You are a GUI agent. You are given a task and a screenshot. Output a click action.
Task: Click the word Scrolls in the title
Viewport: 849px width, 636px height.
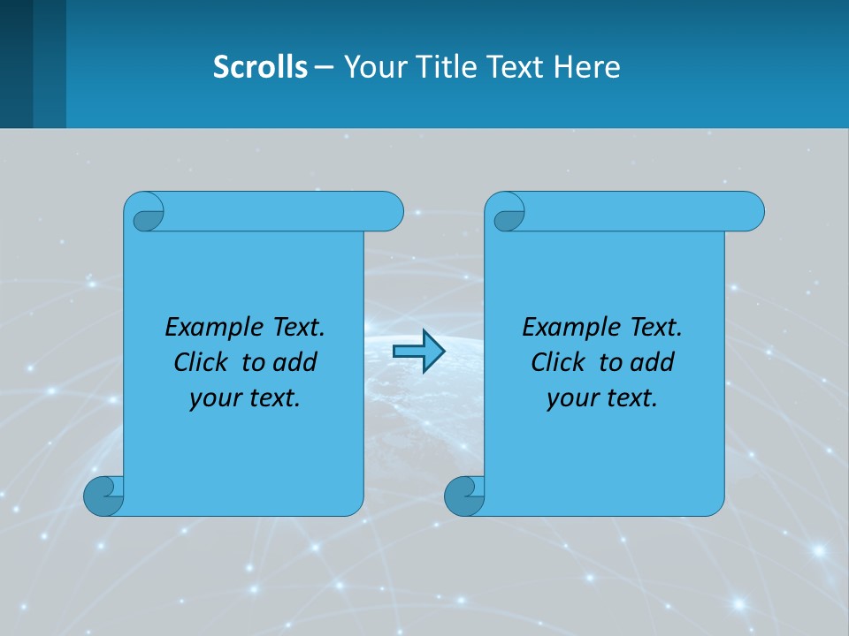260,67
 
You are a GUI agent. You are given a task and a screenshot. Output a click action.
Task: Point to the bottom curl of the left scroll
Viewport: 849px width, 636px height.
104,496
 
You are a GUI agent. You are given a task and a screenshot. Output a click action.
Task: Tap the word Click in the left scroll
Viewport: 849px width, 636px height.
201,362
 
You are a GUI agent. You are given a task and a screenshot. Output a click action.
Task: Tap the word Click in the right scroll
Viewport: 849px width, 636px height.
558,362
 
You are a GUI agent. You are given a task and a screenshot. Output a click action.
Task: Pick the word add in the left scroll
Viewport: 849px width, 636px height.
296,362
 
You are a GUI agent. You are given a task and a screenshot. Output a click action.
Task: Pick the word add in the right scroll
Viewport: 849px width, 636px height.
654,362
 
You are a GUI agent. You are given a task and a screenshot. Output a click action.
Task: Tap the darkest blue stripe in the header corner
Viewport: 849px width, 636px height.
16,64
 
